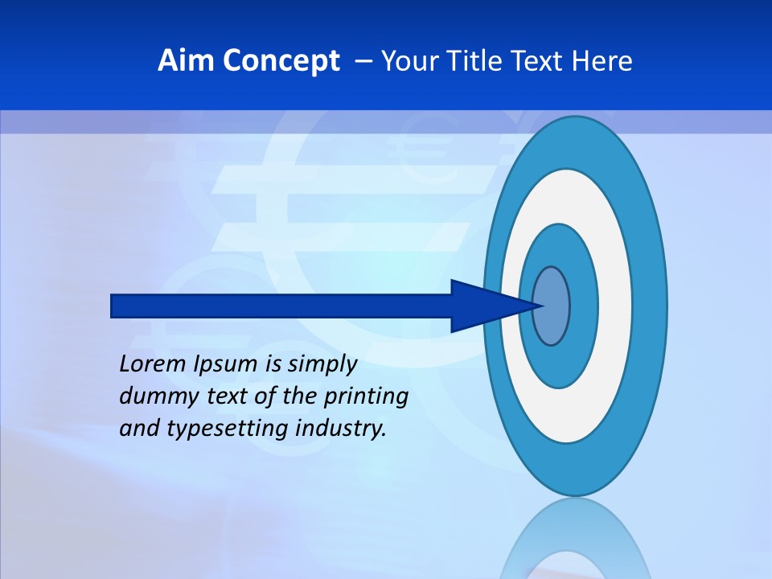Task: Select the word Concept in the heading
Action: (281, 61)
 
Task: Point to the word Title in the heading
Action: (472, 61)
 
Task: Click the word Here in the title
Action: (602, 61)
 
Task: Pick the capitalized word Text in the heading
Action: (538, 61)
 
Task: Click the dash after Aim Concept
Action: (363, 61)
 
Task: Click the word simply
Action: (322, 364)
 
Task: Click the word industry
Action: (341, 429)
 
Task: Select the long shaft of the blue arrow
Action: (281, 306)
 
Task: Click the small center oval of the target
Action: (552, 306)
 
